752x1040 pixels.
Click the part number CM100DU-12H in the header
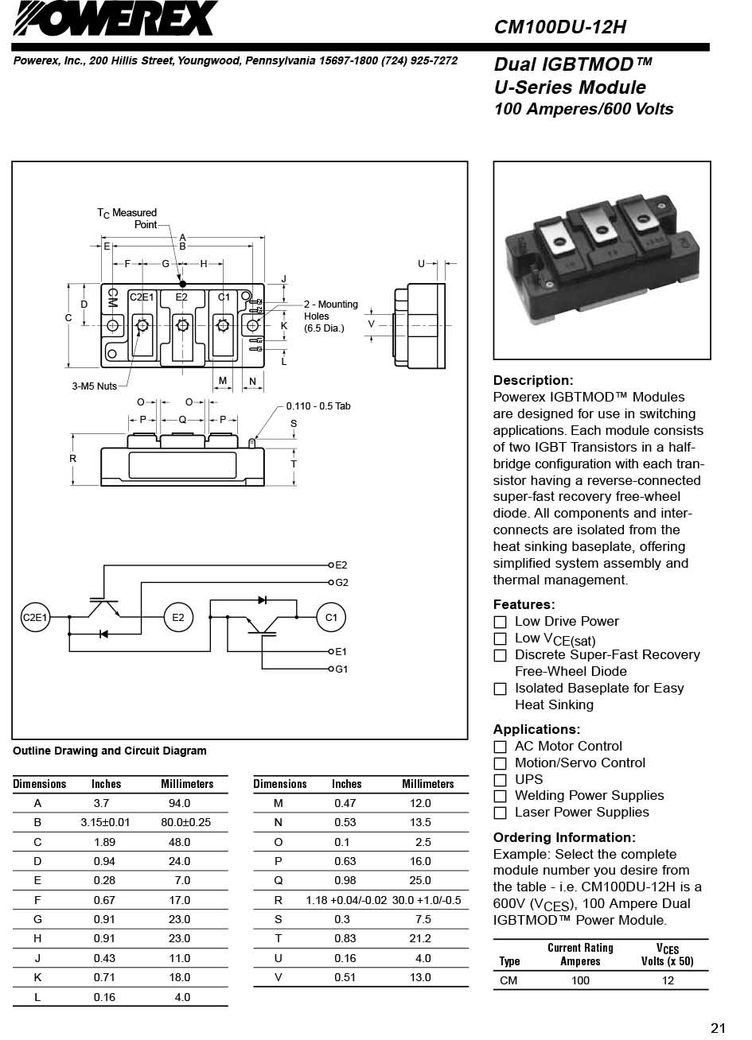tap(559, 28)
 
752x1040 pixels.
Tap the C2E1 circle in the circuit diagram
tap(35, 617)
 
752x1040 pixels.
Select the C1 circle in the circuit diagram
tap(331, 617)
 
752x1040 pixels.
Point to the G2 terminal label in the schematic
tap(341, 583)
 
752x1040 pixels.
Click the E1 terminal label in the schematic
tap(341, 652)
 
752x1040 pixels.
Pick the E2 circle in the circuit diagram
tap(177, 617)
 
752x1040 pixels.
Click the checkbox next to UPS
tap(500, 780)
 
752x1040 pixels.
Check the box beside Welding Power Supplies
tap(500, 797)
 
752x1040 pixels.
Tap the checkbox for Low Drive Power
tap(500, 622)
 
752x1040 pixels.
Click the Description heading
tap(532, 380)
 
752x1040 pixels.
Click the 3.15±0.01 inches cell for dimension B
tap(104, 822)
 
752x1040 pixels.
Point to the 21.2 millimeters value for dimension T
tap(419, 938)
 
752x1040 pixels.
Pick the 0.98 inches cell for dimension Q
tap(345, 880)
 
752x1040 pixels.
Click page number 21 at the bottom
tap(718, 1028)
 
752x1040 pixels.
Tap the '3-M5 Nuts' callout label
tap(94, 386)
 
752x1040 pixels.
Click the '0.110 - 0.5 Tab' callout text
tap(318, 406)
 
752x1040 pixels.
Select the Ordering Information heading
tap(564, 837)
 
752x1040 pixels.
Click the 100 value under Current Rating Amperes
tap(580, 980)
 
